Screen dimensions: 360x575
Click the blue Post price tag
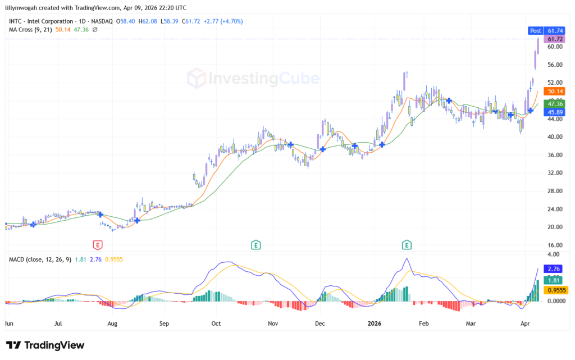536,30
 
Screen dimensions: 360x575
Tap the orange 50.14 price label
555,91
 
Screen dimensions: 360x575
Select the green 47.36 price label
555,103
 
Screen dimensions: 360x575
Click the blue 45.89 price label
555,112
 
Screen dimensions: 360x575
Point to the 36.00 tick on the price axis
555,155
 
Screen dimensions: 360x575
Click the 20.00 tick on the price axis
555,227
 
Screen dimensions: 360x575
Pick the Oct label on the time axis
216,324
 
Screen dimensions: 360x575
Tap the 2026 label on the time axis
375,324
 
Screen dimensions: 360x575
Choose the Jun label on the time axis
9,324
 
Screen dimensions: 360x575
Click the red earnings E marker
98,245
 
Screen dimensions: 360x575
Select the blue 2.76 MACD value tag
555,270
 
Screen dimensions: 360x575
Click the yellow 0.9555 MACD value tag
555,290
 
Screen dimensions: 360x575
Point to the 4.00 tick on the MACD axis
555,254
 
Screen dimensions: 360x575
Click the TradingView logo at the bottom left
45,345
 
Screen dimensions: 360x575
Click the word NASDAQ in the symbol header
102,21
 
